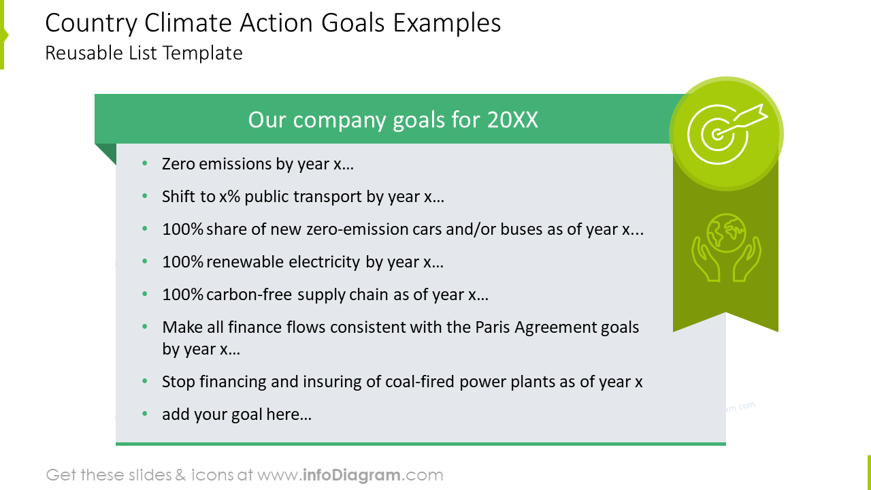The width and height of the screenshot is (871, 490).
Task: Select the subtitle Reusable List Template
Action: click(x=144, y=53)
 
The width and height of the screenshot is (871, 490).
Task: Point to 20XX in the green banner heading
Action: click(x=512, y=120)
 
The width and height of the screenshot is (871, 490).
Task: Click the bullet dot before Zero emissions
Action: click(x=144, y=164)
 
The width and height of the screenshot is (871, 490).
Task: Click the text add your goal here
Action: click(x=237, y=414)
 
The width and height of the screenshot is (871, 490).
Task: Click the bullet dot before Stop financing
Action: click(x=144, y=382)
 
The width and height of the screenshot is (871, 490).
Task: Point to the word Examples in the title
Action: click(x=448, y=24)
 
